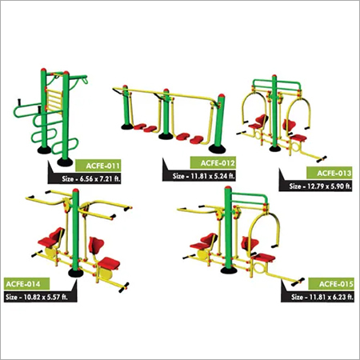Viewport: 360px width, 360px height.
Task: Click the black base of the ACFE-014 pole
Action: point(75,272)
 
